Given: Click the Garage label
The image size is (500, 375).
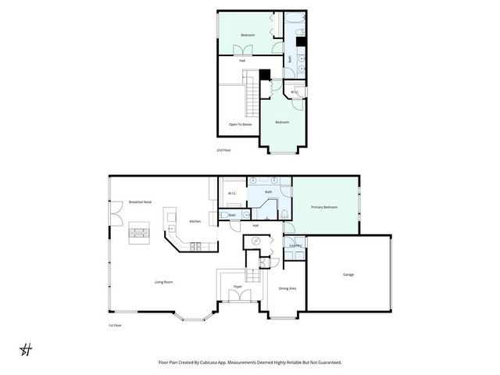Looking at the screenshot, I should (348, 274).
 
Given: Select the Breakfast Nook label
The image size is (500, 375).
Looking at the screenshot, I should (140, 202).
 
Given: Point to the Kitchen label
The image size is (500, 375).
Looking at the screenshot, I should (195, 222).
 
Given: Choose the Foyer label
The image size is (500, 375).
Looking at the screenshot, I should (237, 287).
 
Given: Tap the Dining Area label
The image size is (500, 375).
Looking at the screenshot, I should (287, 288).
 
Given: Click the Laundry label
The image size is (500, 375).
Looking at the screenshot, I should (295, 245).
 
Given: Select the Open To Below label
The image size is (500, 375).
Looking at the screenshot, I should (240, 124).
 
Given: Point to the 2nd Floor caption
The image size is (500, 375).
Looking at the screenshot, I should (223, 149).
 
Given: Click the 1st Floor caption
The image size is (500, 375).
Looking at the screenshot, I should (116, 325).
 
